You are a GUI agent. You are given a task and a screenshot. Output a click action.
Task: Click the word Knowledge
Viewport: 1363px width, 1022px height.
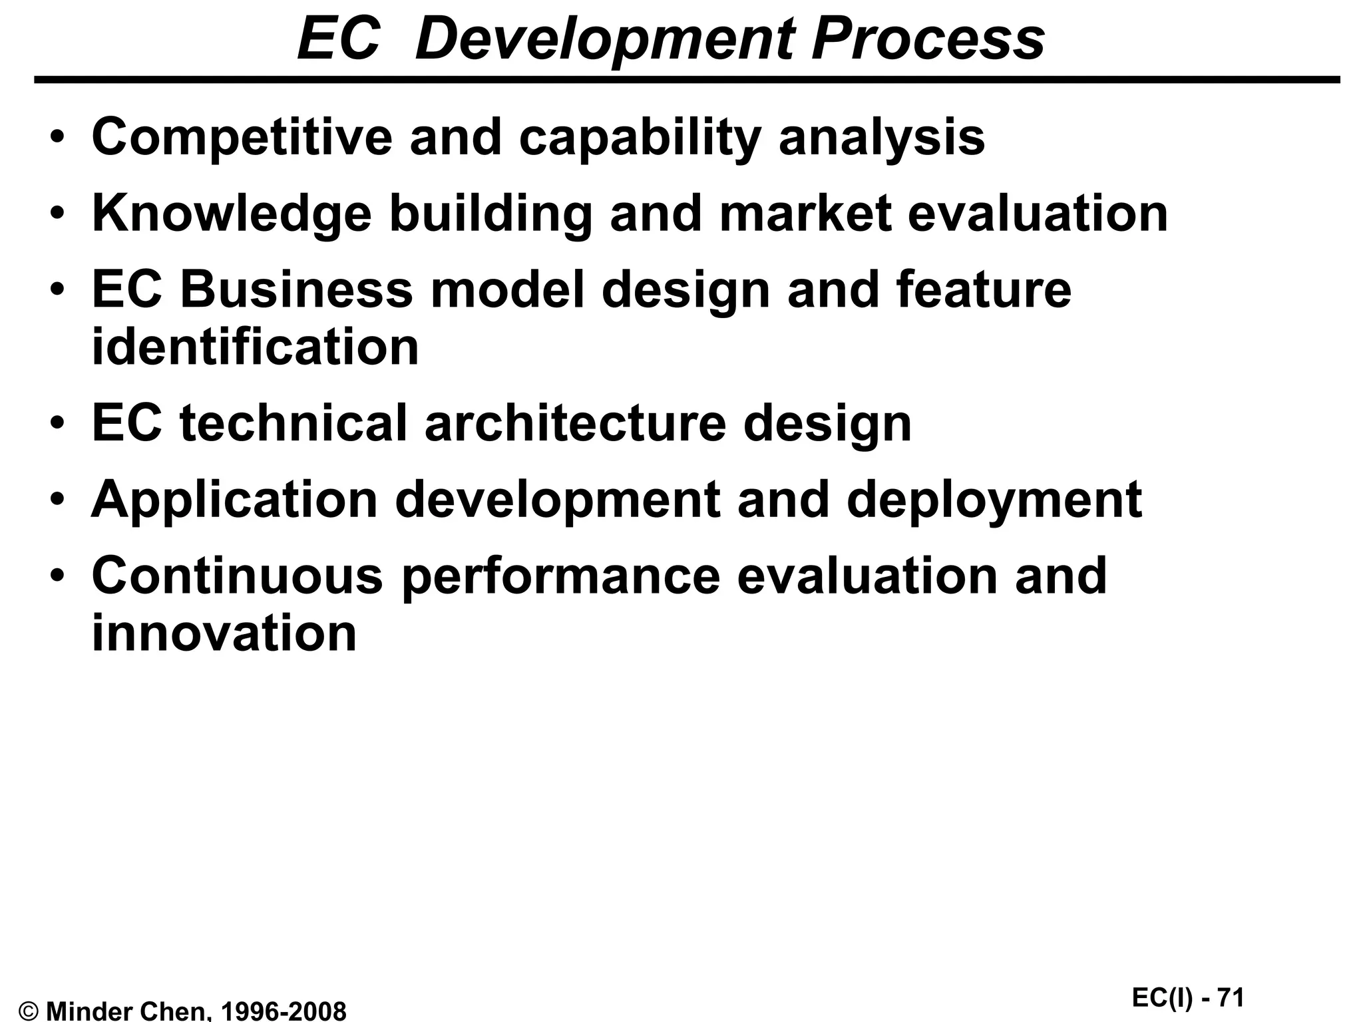click(x=231, y=214)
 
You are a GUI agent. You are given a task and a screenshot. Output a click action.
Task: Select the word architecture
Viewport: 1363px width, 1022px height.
click(x=575, y=423)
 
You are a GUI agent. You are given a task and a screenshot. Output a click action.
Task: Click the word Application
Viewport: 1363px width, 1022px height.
click(x=234, y=500)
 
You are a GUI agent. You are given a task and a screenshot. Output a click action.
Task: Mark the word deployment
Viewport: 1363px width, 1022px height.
click(x=994, y=500)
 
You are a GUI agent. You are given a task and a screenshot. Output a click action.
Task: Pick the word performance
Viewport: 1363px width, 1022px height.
click(x=561, y=576)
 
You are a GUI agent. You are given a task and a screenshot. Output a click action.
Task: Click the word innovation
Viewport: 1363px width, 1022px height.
click(x=224, y=633)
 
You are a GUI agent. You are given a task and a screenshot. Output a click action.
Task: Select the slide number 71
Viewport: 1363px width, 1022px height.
click(x=1230, y=997)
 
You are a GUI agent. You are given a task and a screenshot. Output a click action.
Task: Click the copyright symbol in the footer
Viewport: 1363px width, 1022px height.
click(x=29, y=1011)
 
